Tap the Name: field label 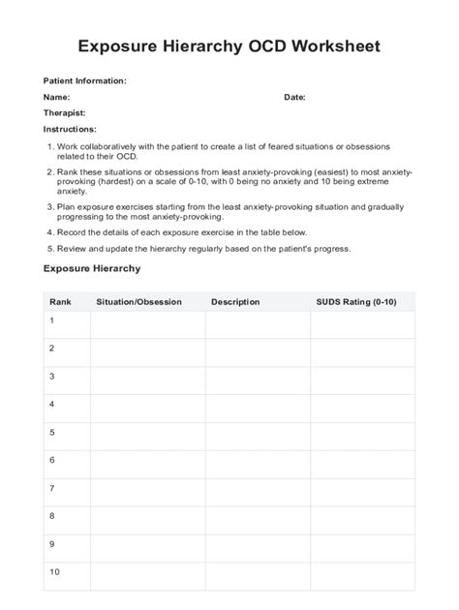[56, 98]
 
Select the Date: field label [294, 98]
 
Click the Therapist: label [65, 113]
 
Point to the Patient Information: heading [85, 81]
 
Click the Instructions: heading [70, 129]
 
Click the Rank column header [60, 302]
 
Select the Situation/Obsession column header [138, 302]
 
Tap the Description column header [235, 302]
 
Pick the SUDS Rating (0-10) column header [356, 302]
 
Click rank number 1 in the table [52, 320]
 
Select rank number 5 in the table [52, 432]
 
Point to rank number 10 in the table [54, 571]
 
